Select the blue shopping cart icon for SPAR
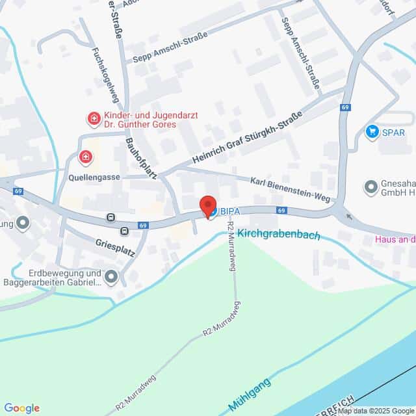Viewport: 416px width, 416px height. (x=372, y=132)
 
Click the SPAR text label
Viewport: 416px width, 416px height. (x=393, y=132)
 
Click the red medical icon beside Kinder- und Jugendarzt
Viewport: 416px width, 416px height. (x=94, y=119)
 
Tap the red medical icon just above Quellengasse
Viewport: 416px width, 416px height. (x=85, y=157)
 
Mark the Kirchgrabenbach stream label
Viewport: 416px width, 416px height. (x=279, y=235)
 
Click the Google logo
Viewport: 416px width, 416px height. (x=21, y=408)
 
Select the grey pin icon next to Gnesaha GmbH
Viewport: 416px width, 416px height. (x=371, y=187)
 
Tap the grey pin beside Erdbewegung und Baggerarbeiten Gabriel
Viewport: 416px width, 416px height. (x=112, y=278)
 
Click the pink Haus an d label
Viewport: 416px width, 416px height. (x=395, y=239)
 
